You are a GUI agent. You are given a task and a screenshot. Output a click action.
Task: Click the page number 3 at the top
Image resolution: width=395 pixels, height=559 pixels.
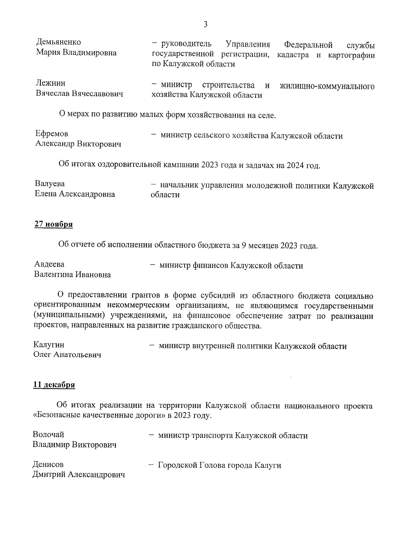[205, 24]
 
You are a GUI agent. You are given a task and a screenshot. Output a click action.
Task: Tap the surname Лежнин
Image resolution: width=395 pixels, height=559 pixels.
[50, 83]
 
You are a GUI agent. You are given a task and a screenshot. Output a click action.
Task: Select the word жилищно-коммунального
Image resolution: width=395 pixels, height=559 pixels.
[327, 87]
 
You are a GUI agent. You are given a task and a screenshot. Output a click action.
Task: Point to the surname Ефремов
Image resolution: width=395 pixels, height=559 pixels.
[52, 134]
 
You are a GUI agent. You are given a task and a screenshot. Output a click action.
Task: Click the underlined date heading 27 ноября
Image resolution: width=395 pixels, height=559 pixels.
[54, 224]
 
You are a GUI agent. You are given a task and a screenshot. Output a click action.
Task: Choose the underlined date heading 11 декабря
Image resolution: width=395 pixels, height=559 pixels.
[54, 385]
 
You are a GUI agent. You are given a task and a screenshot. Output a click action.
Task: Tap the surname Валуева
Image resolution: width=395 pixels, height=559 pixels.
[50, 183]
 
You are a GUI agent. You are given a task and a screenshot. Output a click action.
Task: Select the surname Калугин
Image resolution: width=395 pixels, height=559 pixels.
[49, 345]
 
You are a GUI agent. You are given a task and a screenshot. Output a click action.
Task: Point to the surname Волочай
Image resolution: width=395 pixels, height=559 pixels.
[48, 434]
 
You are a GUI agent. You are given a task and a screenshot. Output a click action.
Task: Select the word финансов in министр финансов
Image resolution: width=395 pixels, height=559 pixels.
[211, 266]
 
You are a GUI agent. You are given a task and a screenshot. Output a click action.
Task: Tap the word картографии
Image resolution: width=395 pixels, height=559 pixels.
[351, 55]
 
